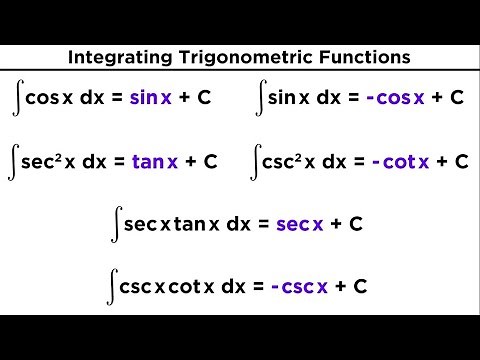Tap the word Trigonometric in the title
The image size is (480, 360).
point(237,57)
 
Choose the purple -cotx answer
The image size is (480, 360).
point(399,161)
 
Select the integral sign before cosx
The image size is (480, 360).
point(19,98)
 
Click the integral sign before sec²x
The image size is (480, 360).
point(19,161)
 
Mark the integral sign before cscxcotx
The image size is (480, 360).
point(111,286)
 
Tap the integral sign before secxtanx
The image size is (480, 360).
point(118,224)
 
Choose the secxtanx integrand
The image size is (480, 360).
point(174,224)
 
